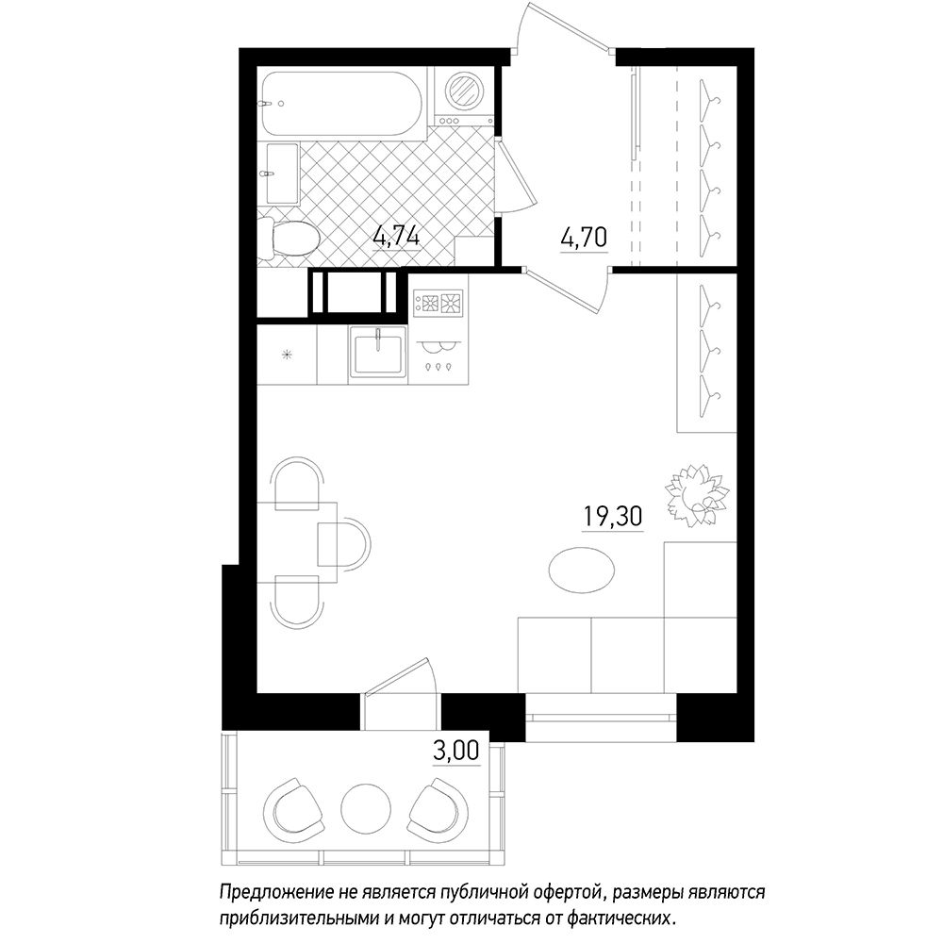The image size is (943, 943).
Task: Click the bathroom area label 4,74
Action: point(396,236)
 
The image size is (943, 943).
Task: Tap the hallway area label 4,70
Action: point(584,238)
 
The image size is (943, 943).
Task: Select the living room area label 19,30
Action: point(613,516)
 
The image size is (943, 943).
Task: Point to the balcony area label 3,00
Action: point(456,751)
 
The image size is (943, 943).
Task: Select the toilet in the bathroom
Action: point(288,239)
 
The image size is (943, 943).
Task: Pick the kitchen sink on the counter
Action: point(378,355)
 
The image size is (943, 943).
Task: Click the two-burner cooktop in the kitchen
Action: point(438,303)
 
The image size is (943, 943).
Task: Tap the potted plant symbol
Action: point(697,494)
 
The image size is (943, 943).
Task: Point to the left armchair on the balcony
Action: point(293,806)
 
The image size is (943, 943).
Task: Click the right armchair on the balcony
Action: point(438,806)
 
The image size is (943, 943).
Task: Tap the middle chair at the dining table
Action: point(344,544)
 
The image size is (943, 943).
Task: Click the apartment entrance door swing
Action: point(562,26)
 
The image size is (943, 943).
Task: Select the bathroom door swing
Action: point(516,177)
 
